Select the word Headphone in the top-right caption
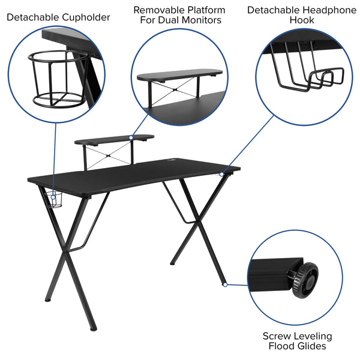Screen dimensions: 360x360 (326, 10)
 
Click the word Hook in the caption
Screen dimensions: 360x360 (301, 20)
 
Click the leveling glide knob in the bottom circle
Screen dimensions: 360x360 (303, 279)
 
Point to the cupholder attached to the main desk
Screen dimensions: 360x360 (55, 199)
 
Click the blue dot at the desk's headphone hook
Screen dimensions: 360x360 (221, 174)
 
